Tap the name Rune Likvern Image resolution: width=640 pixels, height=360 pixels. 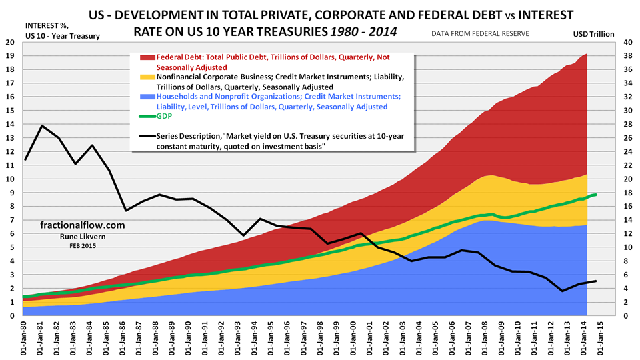pyautogui.click(x=73, y=237)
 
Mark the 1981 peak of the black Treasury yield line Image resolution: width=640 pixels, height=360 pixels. pyautogui.click(x=42, y=125)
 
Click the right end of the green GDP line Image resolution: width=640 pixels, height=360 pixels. pyautogui.click(x=595, y=195)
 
